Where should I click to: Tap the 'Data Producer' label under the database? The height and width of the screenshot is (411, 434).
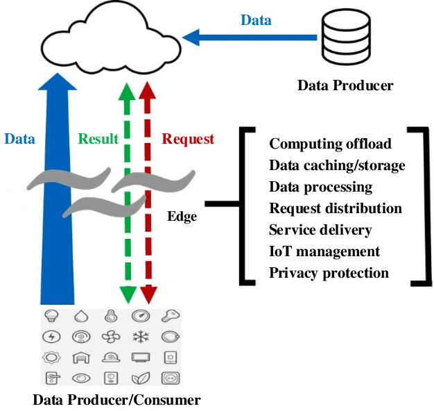point(345,86)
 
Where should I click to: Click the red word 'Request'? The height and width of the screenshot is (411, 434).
point(188,139)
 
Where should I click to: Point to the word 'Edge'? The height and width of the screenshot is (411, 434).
point(182,217)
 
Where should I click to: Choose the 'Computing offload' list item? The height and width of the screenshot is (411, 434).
point(330,144)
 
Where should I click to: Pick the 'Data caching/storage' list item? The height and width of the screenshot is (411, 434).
point(337,165)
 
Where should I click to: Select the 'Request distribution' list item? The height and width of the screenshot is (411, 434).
point(336,208)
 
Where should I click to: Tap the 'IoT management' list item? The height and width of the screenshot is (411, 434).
point(324,251)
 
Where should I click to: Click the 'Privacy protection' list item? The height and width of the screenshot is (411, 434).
point(329,273)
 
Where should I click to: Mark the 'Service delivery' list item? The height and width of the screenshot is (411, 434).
point(320,230)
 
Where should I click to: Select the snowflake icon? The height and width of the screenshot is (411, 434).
point(141,337)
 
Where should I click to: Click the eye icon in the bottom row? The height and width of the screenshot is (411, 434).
point(81,378)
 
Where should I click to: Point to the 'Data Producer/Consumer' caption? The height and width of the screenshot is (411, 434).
point(116,400)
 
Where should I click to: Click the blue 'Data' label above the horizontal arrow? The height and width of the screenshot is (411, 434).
point(256,19)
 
